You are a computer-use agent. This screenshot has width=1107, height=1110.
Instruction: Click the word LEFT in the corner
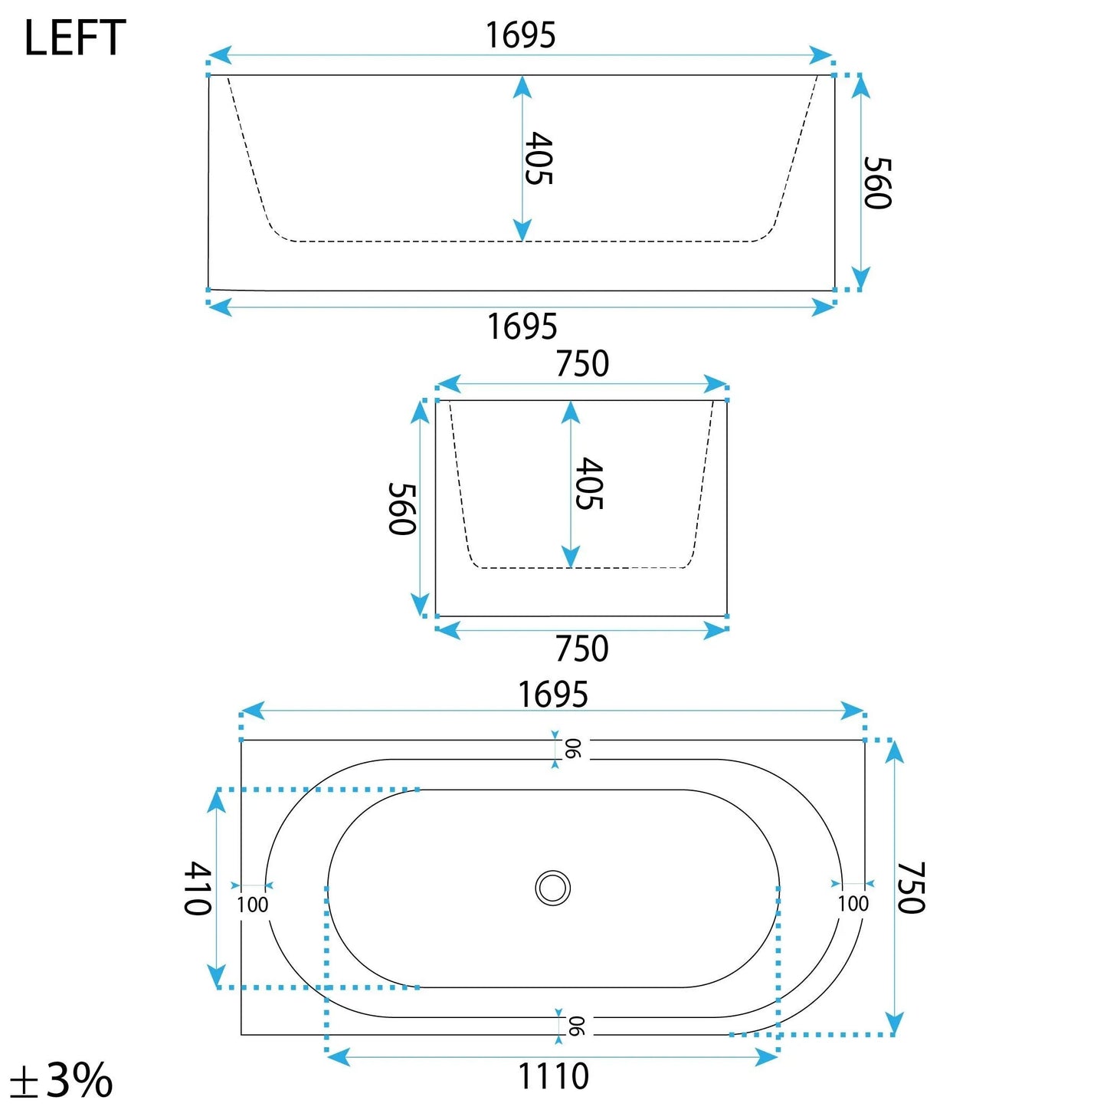tap(75, 38)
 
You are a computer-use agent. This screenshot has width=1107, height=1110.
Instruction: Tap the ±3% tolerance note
tap(61, 1079)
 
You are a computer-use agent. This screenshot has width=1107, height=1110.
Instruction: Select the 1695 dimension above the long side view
tap(520, 35)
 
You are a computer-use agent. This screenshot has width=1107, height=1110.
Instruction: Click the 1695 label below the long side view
tap(522, 327)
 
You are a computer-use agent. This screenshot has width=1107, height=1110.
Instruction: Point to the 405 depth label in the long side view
tap(539, 159)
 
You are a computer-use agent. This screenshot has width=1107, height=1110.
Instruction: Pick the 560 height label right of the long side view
tap(878, 182)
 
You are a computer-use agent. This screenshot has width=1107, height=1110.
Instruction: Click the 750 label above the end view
tap(582, 364)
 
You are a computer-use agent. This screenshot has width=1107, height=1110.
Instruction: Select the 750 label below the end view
tap(581, 649)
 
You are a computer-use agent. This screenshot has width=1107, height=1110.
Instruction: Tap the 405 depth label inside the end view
tap(589, 483)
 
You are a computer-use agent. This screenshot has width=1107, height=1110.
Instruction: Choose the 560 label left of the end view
tap(401, 509)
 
